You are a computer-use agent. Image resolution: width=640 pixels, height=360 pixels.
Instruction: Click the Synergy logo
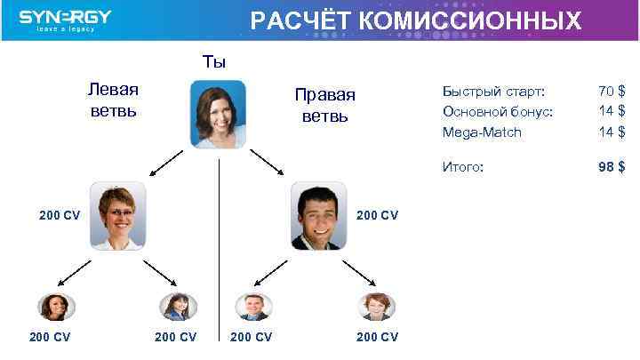(65, 20)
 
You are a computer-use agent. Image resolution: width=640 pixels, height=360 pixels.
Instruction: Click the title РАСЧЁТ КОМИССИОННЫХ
(416, 20)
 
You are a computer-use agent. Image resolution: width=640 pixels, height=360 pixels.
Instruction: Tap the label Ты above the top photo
(214, 61)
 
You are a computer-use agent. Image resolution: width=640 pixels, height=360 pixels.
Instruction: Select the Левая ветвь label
(113, 100)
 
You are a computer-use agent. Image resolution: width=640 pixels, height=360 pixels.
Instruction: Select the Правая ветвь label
(328, 106)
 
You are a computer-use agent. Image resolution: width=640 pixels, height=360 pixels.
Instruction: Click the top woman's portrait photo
(218, 113)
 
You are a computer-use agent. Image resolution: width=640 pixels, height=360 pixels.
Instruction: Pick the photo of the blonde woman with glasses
(118, 215)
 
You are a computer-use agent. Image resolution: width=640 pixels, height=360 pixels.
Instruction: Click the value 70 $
(612, 91)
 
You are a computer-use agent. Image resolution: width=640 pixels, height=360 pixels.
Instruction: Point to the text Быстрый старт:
(493, 91)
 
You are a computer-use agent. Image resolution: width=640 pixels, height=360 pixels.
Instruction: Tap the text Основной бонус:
(497, 111)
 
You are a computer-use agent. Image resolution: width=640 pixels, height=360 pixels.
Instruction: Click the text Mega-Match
(482, 132)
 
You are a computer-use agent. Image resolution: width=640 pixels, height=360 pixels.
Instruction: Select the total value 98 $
(612, 166)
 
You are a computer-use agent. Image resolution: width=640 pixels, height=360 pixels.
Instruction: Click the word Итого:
(463, 166)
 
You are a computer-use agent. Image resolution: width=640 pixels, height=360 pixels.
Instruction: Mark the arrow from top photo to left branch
(166, 161)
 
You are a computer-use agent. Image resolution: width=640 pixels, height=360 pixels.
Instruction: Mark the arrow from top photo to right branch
(267, 161)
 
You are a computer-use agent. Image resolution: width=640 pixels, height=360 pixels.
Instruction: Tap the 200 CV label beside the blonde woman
(60, 215)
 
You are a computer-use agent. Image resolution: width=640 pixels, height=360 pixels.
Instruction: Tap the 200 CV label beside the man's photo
(377, 215)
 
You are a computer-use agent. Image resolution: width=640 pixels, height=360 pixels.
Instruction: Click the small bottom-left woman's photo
(56, 307)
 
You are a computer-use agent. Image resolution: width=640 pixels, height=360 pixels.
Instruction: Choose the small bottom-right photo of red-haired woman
(376, 307)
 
